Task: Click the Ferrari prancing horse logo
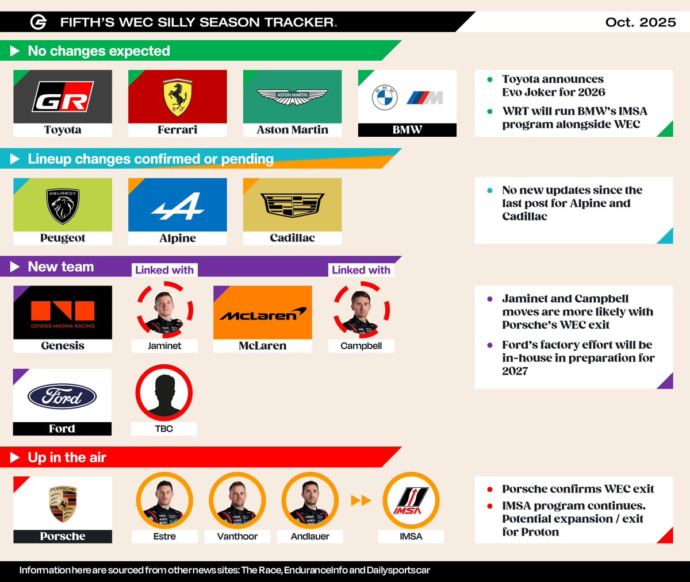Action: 177,97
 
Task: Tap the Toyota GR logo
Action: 63,97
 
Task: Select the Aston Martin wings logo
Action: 292,97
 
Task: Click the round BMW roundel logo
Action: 385,98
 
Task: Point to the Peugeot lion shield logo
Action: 63,205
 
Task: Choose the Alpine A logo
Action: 178,206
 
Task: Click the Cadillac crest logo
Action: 292,205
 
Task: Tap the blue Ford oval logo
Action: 62,396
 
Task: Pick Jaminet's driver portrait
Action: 164,310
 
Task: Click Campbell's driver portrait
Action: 361,310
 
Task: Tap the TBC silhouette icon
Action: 164,393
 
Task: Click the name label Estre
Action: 164,537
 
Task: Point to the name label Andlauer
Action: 310,537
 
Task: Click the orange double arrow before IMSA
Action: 361,501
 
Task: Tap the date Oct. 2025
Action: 641,22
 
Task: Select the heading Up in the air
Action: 67,458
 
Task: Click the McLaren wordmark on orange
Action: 262,315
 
